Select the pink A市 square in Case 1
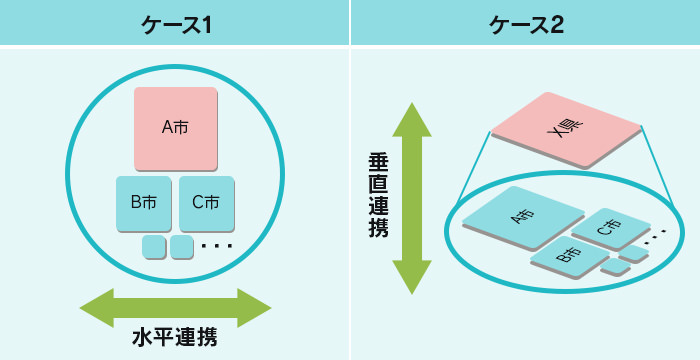(x=175, y=128)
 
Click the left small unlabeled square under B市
(x=153, y=246)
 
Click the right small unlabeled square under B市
(x=181, y=246)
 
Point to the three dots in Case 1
(x=216, y=246)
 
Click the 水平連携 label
(x=175, y=337)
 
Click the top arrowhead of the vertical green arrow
(x=411, y=115)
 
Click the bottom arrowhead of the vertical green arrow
(x=411, y=280)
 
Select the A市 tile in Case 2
(x=523, y=218)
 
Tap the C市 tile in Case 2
(x=609, y=229)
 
